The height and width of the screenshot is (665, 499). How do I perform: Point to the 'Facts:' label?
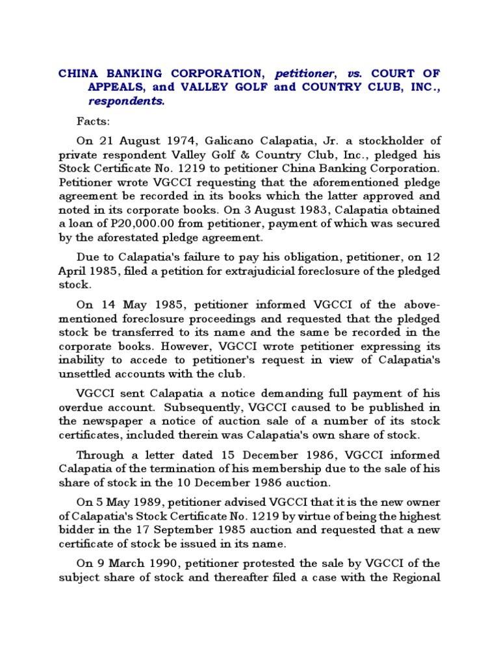pyautogui.click(x=94, y=121)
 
